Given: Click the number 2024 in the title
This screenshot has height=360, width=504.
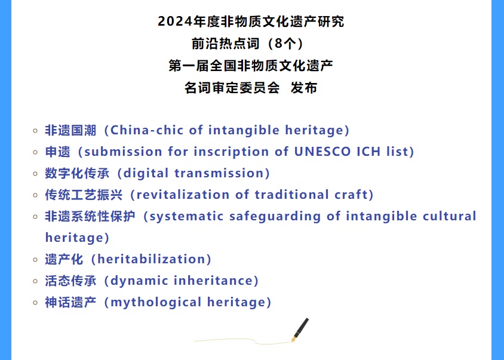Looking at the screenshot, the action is click(176, 21).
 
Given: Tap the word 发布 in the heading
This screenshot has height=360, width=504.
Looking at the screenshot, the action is click(304, 88).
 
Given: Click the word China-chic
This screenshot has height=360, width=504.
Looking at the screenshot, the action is click(146, 130).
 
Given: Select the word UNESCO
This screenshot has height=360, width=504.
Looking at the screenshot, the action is click(322, 152).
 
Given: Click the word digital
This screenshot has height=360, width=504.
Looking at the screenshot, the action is click(146, 173).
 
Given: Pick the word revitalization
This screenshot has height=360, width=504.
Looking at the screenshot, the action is click(183, 195).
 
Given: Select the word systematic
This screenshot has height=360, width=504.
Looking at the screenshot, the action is click(186, 216).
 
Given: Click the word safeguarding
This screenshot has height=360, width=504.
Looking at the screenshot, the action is click(275, 216).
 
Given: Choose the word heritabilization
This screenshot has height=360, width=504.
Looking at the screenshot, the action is click(151, 259).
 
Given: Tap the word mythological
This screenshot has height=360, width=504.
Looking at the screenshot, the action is click(156, 303).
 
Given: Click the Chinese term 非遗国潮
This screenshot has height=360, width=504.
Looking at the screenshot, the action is click(70, 130).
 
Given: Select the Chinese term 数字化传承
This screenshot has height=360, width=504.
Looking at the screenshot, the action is click(77, 173).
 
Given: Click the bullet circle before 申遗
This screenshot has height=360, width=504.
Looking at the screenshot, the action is click(36, 152).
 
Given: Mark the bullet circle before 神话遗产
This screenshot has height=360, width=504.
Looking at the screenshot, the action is click(36, 303).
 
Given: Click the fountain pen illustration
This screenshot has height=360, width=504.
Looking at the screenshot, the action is click(300, 330).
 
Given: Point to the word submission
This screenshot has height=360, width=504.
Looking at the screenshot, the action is click(123, 152).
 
